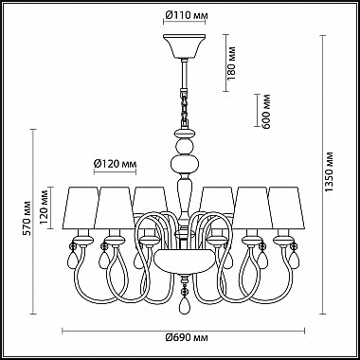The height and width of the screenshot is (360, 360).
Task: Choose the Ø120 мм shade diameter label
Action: (117, 163)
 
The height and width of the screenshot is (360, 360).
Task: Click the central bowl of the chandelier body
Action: (182, 258)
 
